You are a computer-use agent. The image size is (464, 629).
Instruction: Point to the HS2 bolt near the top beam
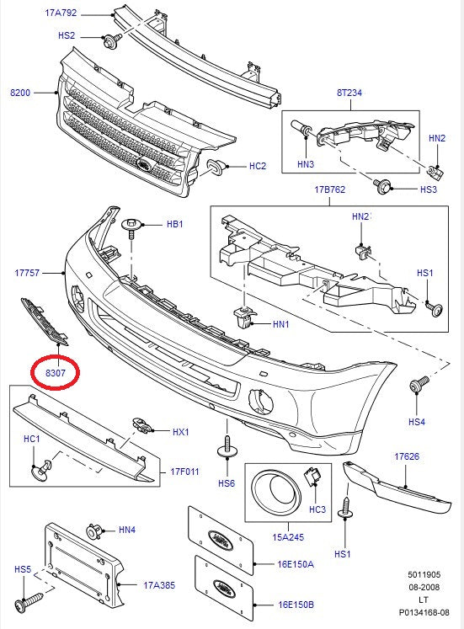tap(110, 39)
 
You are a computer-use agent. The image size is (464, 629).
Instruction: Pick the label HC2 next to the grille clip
tap(257, 166)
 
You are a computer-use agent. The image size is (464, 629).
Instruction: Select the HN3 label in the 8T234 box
tap(305, 163)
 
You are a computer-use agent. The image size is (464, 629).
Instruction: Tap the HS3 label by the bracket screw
tap(428, 190)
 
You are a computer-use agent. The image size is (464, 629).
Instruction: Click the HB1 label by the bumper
tap(174, 225)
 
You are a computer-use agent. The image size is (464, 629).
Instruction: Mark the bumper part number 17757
tap(28, 273)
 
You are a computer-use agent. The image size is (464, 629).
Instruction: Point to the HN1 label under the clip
tap(280, 323)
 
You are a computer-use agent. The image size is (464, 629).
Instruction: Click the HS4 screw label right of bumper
tap(417, 421)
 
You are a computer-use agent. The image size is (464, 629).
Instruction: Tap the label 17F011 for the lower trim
tap(184, 472)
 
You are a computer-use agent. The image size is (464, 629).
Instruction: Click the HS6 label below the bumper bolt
tap(226, 483)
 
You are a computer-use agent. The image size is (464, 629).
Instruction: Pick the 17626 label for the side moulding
tap(407, 456)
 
